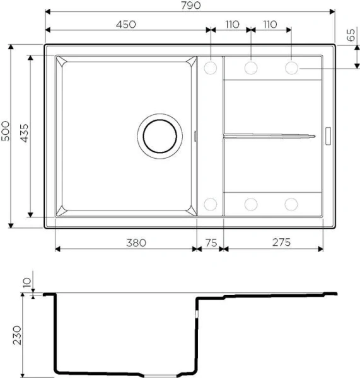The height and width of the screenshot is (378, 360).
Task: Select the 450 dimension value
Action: pyautogui.click(x=126, y=25)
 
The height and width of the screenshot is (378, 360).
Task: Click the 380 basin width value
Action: pyautogui.click(x=127, y=243)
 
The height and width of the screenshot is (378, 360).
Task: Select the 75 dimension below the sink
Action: pyautogui.click(x=210, y=243)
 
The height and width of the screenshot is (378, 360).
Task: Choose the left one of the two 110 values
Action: pyautogui.click(x=231, y=25)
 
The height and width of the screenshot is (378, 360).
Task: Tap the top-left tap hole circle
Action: pyautogui.click(x=211, y=66)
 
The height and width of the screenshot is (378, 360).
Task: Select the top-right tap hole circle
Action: pyautogui.click(x=291, y=66)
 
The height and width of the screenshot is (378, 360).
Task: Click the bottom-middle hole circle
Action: pyautogui.click(x=251, y=203)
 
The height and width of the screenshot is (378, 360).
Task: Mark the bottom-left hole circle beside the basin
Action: pyautogui.click(x=211, y=203)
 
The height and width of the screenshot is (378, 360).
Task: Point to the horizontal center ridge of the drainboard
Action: pyautogui.click(x=268, y=135)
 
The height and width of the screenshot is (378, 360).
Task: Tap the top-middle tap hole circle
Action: pyautogui.click(x=251, y=66)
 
